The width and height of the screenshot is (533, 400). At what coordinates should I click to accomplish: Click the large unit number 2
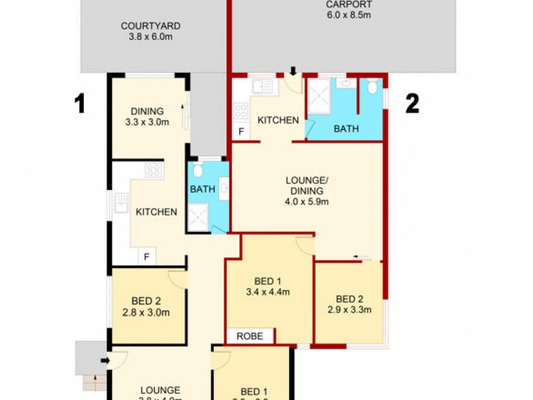point(412,103)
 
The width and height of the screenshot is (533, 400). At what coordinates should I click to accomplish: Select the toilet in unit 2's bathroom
point(372,87)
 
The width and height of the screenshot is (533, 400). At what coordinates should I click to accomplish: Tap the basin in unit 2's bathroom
point(344,83)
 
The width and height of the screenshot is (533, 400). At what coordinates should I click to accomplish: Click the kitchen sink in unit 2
point(263,86)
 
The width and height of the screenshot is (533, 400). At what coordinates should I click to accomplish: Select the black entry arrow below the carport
point(292,71)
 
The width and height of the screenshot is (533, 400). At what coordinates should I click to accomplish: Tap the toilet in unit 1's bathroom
point(198,172)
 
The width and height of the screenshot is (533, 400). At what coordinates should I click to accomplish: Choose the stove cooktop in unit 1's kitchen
point(153,170)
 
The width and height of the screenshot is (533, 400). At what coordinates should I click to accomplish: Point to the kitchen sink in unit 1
point(121,203)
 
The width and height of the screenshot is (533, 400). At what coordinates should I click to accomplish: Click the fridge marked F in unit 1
point(146,256)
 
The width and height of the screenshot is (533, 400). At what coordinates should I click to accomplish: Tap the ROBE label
point(250,336)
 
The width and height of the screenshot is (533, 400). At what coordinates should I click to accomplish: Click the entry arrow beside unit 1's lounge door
point(104,361)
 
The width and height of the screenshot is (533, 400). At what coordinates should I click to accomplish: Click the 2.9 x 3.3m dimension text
point(349,309)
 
